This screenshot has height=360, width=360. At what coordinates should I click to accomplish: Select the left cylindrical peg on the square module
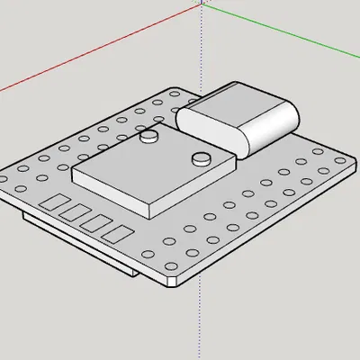coord(150,136)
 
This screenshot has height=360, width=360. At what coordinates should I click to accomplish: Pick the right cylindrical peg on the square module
coord(201,160)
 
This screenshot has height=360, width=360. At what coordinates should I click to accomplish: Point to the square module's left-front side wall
coord(108,191)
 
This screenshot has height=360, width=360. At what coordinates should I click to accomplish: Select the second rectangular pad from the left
coord(73,212)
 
